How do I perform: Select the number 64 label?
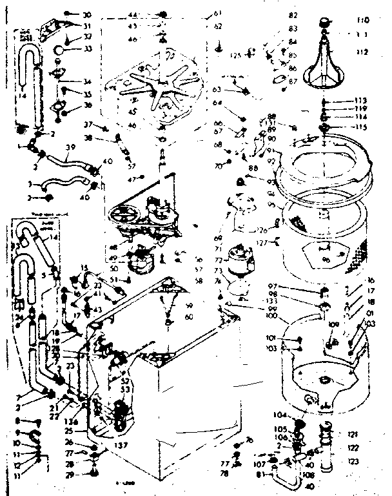(217, 101)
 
